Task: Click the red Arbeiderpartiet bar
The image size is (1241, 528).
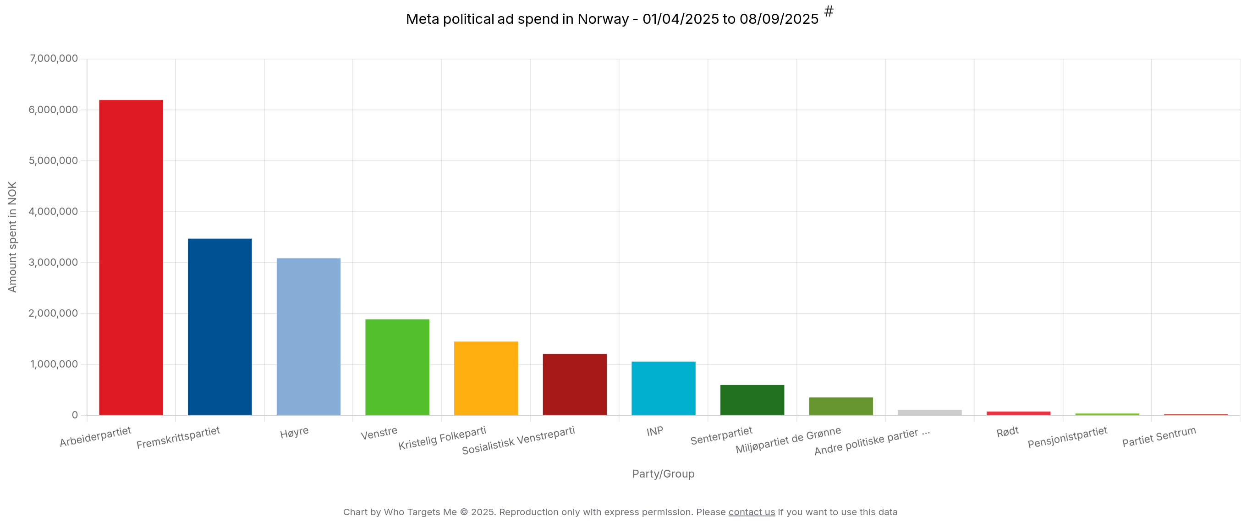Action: tap(131, 257)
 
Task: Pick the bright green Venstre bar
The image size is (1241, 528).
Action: tap(397, 367)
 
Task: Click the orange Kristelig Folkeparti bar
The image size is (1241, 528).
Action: tap(486, 378)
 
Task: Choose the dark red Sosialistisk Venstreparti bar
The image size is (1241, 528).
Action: tap(575, 385)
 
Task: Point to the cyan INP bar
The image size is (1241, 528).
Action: tap(664, 388)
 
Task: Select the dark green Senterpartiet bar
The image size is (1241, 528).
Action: tap(752, 400)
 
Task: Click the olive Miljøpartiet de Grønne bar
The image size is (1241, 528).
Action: tap(840, 406)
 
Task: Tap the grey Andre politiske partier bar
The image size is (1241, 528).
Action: tap(929, 412)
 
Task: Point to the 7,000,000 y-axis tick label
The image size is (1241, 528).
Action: tap(54, 58)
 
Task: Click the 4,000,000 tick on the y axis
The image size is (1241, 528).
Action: tap(53, 211)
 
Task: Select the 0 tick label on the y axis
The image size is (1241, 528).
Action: tap(75, 415)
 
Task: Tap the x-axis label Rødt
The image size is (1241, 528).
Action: tap(1007, 432)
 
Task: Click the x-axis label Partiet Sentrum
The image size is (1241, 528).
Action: tap(1159, 436)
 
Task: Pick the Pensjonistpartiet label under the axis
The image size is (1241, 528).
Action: tap(1067, 437)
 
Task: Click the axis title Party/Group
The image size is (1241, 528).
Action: tap(663, 474)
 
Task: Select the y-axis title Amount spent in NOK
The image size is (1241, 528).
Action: tap(12, 236)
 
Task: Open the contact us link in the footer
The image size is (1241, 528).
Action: tap(751, 512)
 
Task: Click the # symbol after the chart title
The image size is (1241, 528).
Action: tap(829, 11)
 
